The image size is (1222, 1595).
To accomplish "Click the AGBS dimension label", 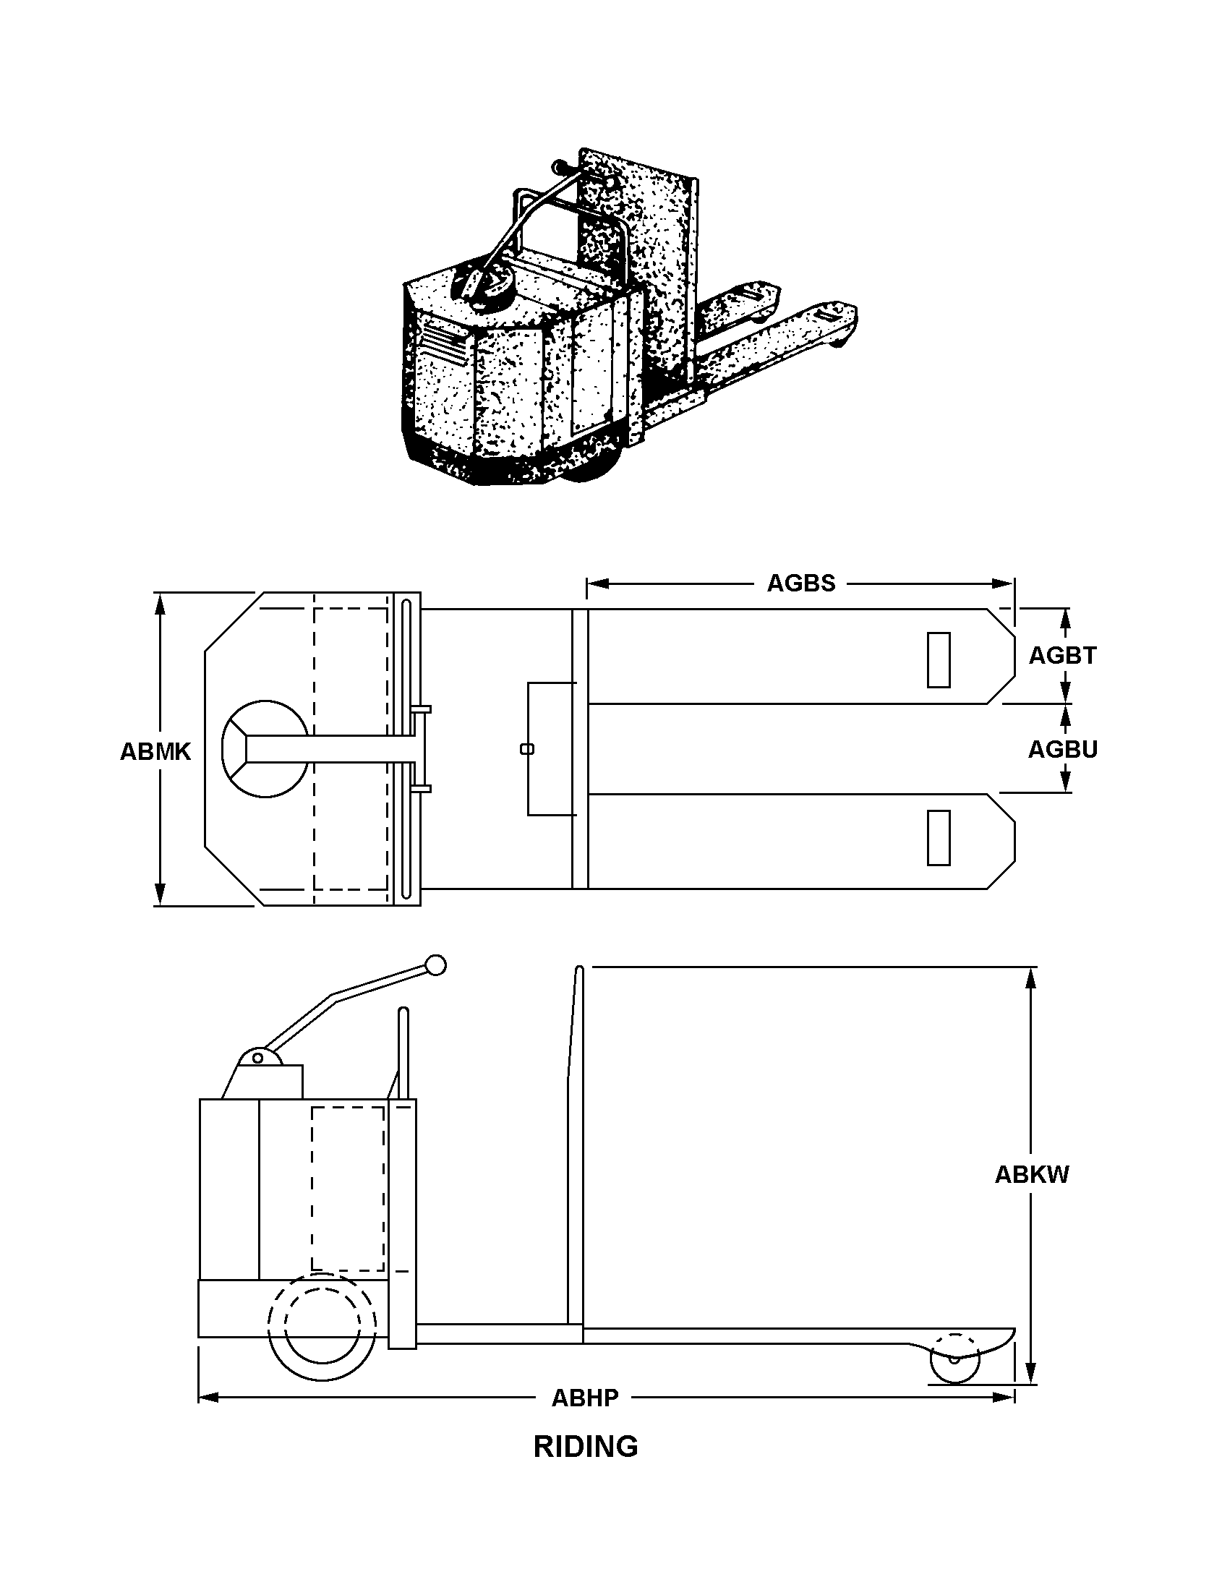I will [801, 583].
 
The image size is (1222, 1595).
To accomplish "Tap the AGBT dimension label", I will [1062, 656].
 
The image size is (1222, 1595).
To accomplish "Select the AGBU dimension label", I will [1062, 749].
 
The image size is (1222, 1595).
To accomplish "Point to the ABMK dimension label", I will [155, 751].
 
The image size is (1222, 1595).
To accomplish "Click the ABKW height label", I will [1031, 1175].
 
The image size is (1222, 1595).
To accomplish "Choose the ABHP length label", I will [585, 1398].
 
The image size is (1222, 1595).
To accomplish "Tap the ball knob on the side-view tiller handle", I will [436, 965].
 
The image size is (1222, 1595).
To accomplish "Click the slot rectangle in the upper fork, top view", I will [939, 659].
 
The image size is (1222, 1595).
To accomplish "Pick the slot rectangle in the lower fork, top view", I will [939, 838].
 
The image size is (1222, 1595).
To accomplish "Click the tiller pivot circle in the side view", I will [258, 1058].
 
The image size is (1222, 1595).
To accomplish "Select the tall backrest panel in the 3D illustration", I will [640, 255].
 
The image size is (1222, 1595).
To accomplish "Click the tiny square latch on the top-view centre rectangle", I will [528, 749].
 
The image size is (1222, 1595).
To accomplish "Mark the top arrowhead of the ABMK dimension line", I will [160, 602].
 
